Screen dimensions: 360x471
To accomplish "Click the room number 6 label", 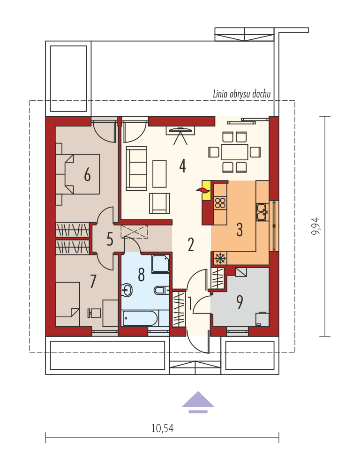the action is coord(87,174).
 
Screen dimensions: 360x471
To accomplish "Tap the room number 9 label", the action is coord(240,302).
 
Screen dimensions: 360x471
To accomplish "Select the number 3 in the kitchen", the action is coord(240,230).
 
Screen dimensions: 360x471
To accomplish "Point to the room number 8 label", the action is coord(141,275).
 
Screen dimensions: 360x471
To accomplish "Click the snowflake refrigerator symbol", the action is coord(220,258).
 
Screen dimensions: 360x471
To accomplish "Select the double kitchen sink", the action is coord(262,212).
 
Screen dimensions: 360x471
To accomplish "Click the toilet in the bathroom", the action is coord(161,291).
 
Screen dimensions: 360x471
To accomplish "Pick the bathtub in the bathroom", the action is coord(140,318).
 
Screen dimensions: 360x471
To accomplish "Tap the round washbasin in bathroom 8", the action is coord(127,291).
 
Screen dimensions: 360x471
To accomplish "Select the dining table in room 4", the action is coord(234,152).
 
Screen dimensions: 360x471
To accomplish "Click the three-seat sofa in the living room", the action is coord(136,168).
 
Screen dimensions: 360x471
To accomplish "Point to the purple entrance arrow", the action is coord(198,402).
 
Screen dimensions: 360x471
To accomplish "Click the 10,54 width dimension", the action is coord(162,428).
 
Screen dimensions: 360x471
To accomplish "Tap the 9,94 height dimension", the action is coord(316,226).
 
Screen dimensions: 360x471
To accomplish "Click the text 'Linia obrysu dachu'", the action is coord(242,94).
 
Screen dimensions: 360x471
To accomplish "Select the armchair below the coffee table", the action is coord(159,203).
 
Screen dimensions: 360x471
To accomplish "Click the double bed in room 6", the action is coord(78,174).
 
